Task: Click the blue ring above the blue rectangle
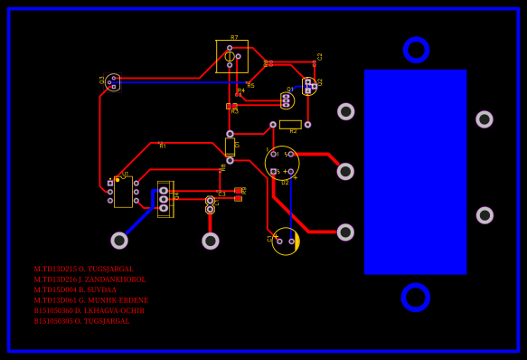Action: pos(416,50)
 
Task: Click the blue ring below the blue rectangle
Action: pos(415,297)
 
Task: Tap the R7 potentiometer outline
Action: pos(231,56)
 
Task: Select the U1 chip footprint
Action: pos(123,191)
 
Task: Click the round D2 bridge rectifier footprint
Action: pos(282,163)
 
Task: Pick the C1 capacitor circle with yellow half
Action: pos(286,241)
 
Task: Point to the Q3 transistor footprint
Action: pos(112,82)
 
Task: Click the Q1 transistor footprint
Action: pos(287,100)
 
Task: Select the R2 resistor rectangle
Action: pos(290,125)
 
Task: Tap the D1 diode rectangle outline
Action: pos(230,147)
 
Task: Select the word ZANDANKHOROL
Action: pos(114,279)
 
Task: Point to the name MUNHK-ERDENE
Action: pos(118,300)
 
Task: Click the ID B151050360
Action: pos(52,311)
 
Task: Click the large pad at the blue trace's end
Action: pos(119,241)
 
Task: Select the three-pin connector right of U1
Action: pos(164,199)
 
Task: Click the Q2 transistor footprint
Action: pos(308,86)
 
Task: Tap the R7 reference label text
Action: pos(234,38)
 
